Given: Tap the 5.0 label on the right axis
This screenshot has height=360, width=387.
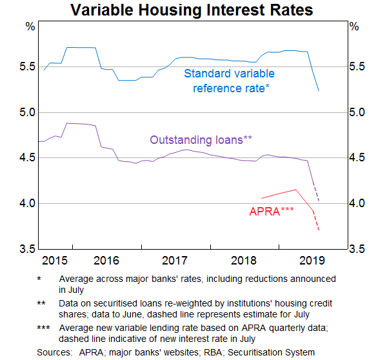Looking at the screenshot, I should [x=357, y=112].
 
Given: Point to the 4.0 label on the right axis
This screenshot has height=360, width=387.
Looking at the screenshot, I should [x=357, y=203].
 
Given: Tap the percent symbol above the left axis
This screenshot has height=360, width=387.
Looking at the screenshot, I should [x=29, y=26].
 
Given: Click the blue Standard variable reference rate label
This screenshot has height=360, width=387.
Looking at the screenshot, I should [x=229, y=81].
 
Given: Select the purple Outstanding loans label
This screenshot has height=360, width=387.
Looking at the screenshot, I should [x=201, y=139].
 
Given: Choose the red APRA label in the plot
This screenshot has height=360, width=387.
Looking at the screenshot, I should [x=272, y=210].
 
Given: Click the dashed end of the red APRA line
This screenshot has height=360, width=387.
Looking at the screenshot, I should [x=316, y=221].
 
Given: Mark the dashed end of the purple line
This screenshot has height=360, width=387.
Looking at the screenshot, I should [x=316, y=193].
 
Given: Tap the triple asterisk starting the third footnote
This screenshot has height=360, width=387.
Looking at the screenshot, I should [x=43, y=328].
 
